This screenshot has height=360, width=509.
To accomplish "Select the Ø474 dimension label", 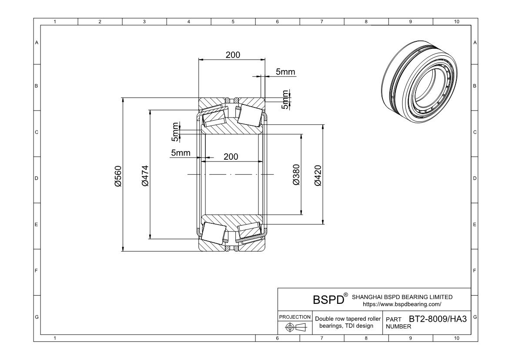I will [x=144, y=175].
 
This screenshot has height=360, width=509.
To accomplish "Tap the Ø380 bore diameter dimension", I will [x=296, y=175].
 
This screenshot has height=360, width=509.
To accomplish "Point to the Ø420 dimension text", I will [x=318, y=175].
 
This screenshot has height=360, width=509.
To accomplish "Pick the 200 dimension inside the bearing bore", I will [x=231, y=157].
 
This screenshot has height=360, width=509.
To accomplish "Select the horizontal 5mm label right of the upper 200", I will [x=285, y=72].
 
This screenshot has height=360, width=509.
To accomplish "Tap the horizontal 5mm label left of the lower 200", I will [x=181, y=152].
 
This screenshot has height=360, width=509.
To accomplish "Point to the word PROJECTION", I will [x=295, y=317].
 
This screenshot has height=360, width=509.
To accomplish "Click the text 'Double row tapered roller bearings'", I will [x=347, y=322].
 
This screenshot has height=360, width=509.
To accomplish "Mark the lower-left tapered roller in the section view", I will [x=213, y=233].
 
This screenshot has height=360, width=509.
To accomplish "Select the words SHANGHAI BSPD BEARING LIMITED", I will [x=402, y=297].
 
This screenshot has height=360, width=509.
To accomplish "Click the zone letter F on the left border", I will [x=37, y=271].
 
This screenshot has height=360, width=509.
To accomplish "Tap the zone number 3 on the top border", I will [x=144, y=21].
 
